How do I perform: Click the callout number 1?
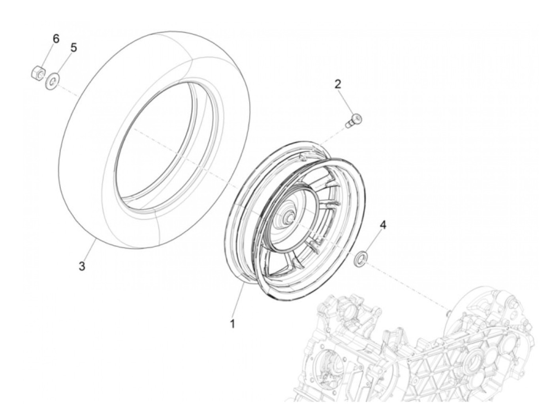tap(233, 324)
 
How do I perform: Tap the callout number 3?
tap(81, 266)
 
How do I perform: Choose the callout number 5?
tap(73, 48)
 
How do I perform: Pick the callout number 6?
tap(56, 39)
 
